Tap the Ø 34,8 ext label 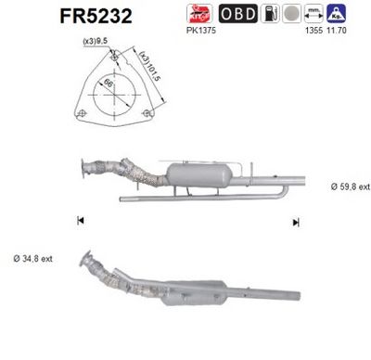click(x=31, y=256)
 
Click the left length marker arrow click(x=80, y=221)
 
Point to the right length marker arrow click(x=296, y=221)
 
